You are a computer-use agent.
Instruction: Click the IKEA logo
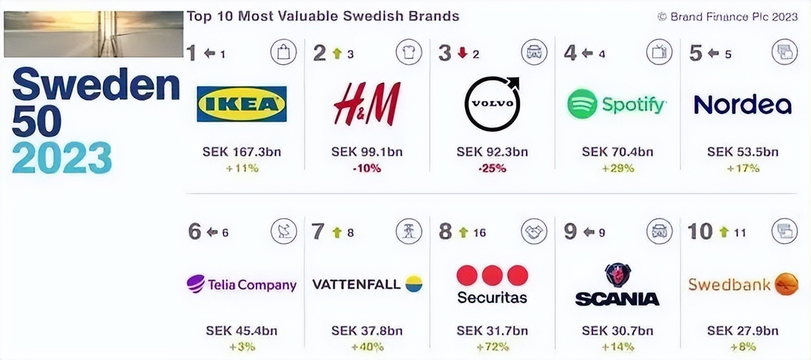click(241, 104)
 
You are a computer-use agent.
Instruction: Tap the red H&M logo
click(367, 104)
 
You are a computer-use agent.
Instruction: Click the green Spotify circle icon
click(582, 104)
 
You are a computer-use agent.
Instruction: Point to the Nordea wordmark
click(743, 105)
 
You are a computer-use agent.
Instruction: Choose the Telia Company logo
click(241, 285)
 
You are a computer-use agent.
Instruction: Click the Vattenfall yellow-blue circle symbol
click(414, 284)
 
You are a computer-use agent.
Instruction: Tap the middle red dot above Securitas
click(492, 276)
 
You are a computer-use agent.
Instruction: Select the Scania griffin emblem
click(616, 275)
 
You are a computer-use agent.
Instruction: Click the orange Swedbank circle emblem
click(786, 285)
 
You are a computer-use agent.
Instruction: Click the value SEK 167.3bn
click(241, 152)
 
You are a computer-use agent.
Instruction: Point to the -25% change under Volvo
click(492, 169)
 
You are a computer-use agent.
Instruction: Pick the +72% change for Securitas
click(492, 347)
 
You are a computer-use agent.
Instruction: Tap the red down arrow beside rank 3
click(463, 54)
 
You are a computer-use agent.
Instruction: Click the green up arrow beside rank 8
click(463, 233)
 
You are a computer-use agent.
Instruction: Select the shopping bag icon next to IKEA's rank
click(283, 52)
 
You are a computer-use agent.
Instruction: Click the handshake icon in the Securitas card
click(534, 231)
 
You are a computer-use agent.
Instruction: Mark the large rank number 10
click(699, 232)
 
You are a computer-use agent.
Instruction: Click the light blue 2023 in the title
click(62, 157)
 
